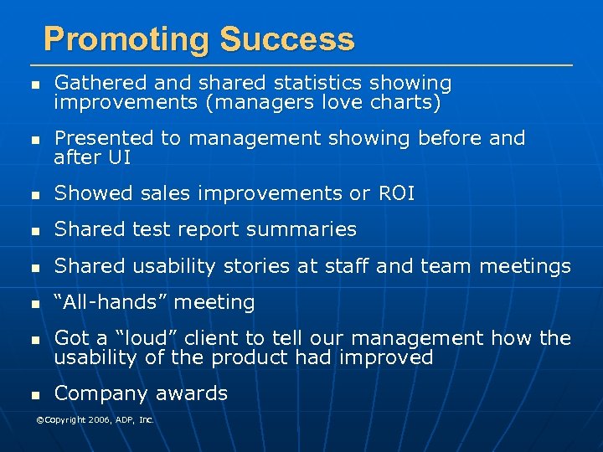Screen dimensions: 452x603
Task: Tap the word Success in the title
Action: tap(287, 39)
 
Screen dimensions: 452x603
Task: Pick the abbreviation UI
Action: tap(118, 157)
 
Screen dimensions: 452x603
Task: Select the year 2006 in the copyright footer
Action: tap(94, 419)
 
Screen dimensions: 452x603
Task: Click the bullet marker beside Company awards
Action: tap(33, 395)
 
